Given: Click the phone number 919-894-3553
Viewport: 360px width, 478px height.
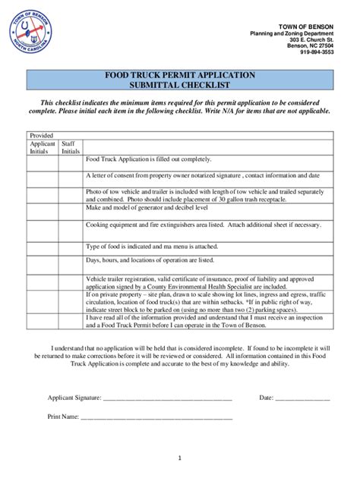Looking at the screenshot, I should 316,52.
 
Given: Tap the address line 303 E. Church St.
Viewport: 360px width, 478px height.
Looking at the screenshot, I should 311,39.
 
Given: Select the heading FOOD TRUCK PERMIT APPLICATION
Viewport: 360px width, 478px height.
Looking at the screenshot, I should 179,76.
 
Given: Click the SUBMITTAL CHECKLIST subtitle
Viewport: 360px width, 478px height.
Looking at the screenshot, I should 179,86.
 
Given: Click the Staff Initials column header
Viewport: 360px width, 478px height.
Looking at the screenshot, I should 70,147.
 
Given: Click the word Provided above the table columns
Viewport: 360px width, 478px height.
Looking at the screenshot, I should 41,135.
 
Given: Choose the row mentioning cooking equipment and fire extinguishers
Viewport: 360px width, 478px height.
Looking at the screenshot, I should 203,225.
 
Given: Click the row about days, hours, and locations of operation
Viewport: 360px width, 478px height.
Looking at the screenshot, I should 150,260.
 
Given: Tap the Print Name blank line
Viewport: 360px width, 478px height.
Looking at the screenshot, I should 156,417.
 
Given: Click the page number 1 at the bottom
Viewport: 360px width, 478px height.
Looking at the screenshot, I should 180,458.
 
